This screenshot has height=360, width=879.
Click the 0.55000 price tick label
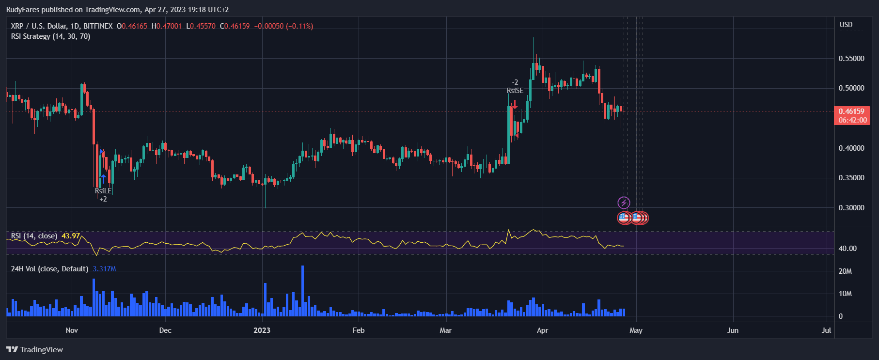click(851, 58)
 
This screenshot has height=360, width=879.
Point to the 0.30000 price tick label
click(851, 207)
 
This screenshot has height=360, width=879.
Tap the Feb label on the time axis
click(358, 330)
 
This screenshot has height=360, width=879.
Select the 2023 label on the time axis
click(262, 330)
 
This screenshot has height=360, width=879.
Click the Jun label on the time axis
click(733, 330)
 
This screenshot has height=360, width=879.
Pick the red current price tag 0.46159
click(852, 111)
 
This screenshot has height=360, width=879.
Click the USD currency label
click(846, 25)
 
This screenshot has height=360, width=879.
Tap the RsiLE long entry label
click(103, 191)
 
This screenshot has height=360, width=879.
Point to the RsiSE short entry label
click(515, 91)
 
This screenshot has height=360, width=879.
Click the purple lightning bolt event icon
click(624, 203)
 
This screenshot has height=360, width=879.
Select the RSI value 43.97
click(71, 236)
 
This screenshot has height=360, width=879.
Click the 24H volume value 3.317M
click(104, 269)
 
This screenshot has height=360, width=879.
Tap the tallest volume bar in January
click(302, 291)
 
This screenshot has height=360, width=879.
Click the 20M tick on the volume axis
click(845, 271)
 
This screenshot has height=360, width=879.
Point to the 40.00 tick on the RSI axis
click(848, 249)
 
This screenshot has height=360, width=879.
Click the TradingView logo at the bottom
click(35, 350)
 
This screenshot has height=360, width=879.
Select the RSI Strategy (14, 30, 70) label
click(50, 36)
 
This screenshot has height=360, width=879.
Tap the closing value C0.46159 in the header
click(235, 26)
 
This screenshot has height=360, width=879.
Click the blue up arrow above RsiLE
click(103, 179)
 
